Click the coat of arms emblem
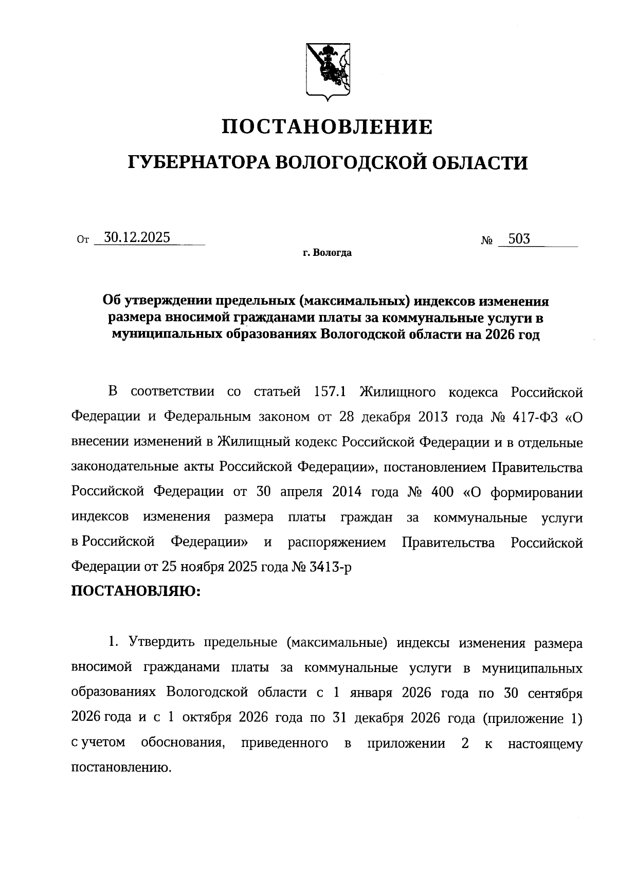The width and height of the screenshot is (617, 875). [x=328, y=69]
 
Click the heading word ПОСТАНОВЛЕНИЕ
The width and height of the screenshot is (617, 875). [x=327, y=126]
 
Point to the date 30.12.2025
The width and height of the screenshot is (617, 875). [x=137, y=237]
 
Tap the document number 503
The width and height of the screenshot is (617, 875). [x=519, y=239]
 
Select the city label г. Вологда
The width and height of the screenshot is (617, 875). [x=327, y=253]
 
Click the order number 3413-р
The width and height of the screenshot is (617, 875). [x=330, y=567]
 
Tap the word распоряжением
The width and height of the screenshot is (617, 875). [x=336, y=543]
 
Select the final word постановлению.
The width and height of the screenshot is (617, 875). [x=121, y=768]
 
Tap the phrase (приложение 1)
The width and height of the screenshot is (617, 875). [x=532, y=718]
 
